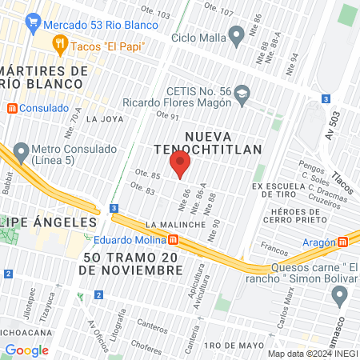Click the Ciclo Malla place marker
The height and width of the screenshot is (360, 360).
[236, 35]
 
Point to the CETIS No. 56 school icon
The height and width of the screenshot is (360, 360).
[241, 96]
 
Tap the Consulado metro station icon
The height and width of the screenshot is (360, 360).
[12, 107]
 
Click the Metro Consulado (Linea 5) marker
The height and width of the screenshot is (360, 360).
[21, 149]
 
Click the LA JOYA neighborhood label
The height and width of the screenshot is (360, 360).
[103, 119]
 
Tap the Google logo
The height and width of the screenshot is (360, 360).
[27, 350]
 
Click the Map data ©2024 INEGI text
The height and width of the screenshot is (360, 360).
[312, 354]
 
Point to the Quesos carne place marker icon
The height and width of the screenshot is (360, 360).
[339, 295]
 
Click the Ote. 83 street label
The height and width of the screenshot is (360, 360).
[142, 189]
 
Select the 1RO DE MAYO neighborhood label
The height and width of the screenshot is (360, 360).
[234, 345]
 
